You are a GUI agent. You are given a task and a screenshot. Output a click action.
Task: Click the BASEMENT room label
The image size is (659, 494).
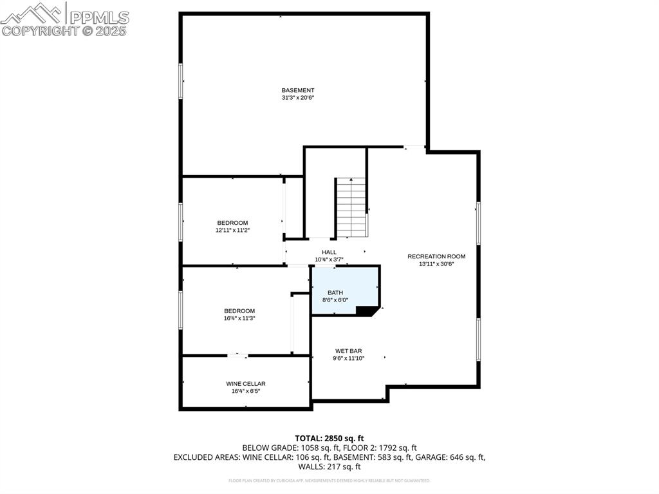pos(297,90)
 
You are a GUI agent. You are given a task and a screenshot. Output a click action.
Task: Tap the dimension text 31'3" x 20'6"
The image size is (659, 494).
pos(297,98)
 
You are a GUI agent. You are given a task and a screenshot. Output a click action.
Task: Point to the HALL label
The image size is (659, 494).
pos(329,252)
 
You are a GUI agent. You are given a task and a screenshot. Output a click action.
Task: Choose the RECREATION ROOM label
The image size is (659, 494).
pos(436,256)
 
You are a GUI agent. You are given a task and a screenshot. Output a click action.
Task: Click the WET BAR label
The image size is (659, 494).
pos(348,351)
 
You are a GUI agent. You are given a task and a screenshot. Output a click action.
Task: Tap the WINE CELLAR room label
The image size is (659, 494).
pos(245,383)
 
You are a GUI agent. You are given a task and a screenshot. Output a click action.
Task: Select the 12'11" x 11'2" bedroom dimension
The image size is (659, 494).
pos(232,230)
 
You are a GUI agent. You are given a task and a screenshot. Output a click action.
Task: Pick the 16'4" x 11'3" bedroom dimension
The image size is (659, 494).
pos(239,318)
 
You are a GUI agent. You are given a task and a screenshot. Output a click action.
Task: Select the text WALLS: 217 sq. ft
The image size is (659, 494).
pos(329,467)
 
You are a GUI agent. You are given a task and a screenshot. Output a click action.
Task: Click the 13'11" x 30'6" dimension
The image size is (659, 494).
pos(436,264)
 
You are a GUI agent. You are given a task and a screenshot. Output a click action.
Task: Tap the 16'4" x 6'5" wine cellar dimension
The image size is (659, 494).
pos(245,391)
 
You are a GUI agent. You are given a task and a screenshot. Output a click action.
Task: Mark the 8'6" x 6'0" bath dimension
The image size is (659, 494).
pos(335,300)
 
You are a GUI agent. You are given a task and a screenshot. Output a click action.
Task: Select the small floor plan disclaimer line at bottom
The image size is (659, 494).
pos(329,480)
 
